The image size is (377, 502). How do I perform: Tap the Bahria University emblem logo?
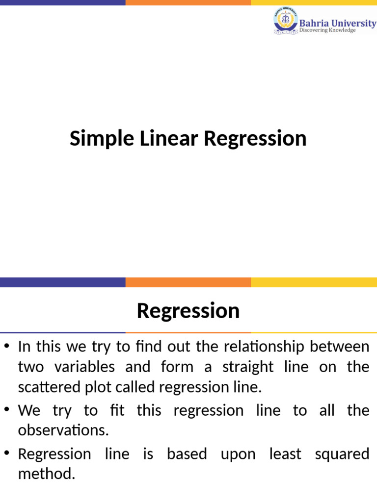tap(285, 21)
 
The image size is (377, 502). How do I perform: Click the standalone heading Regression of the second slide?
tap(188, 311)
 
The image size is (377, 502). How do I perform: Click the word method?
tap(47, 474)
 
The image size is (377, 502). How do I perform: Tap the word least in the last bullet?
tap(285, 454)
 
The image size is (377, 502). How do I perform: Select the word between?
tap(344, 347)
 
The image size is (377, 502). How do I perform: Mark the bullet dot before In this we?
tap(6, 347)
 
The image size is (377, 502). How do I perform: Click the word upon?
tap(238, 454)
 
